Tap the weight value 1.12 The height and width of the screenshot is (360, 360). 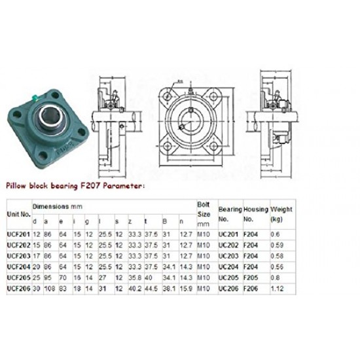coord(278,287)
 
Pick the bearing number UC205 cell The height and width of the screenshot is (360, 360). coord(228,277)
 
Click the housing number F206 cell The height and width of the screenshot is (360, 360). coord(251,287)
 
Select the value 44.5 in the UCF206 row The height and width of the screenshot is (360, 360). coord(151,287)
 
